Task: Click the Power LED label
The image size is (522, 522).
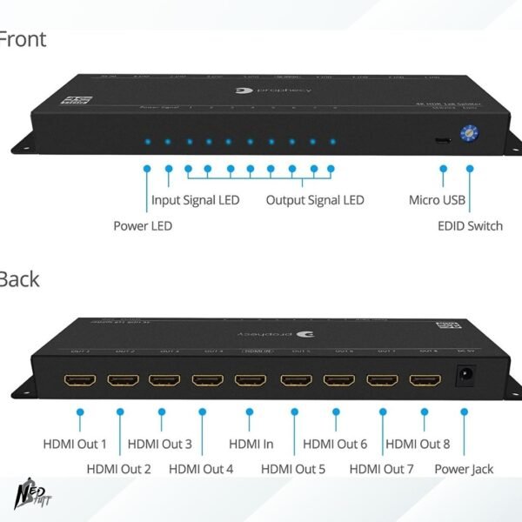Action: click(143, 226)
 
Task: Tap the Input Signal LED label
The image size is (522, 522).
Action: click(195, 200)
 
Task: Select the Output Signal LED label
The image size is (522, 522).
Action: click(315, 200)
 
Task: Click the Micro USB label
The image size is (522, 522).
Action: click(438, 200)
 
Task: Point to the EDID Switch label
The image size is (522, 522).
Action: click(470, 226)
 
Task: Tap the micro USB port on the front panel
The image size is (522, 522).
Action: click(443, 139)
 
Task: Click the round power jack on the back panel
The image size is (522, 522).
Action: click(466, 376)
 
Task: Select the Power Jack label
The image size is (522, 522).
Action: click(464, 470)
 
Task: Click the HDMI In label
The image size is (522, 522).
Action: click(251, 445)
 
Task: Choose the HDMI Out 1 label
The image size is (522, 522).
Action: click(75, 445)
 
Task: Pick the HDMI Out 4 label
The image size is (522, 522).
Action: click(201, 470)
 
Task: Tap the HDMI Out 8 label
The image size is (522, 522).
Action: click(418, 445)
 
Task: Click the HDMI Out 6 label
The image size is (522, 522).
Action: click(335, 445)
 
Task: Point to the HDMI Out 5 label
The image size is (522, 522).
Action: click(293, 470)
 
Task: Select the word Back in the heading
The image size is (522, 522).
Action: click(19, 279)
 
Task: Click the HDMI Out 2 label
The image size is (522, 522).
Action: click(118, 470)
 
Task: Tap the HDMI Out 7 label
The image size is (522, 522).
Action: click(381, 470)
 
